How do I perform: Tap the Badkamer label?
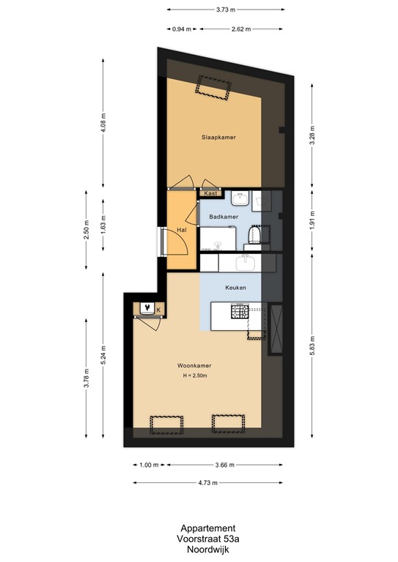[223, 217]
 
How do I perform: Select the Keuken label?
[235, 288]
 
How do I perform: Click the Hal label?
[181, 231]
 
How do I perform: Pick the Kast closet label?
[210, 193]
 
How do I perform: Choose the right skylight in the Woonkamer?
[226, 423]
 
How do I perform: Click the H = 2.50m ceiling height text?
[196, 376]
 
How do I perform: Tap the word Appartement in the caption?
[208, 528]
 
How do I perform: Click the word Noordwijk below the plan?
[208, 549]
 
